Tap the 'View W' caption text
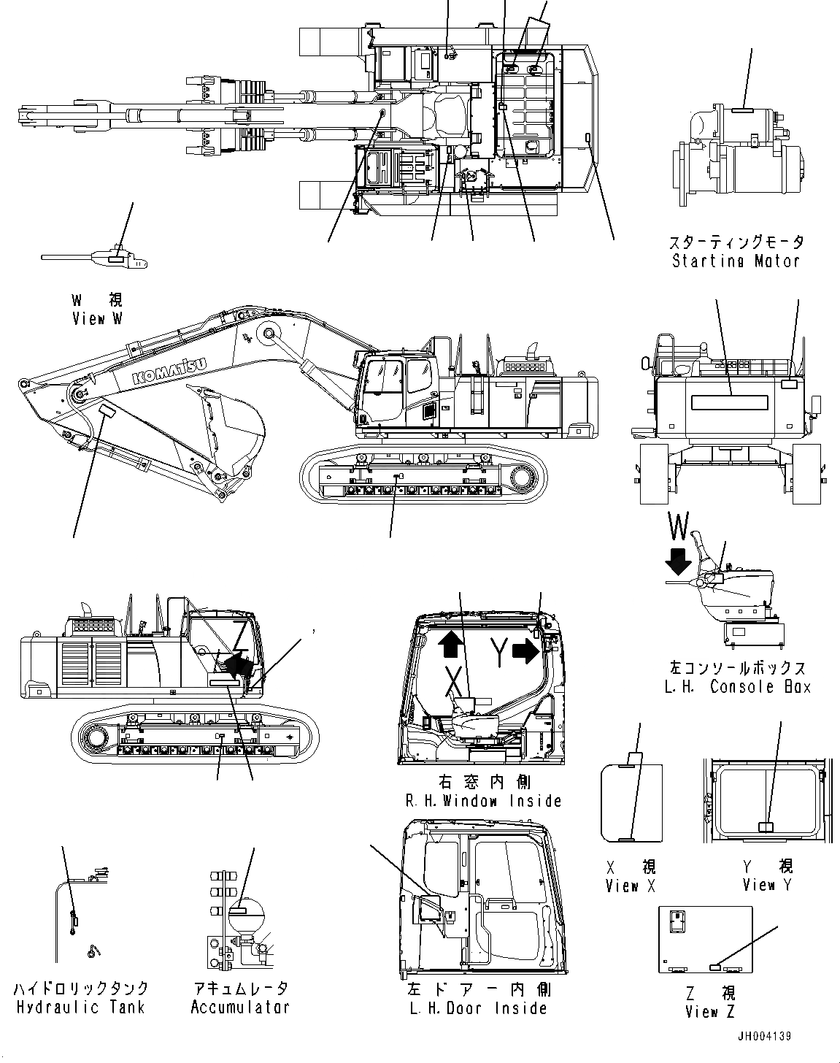pyautogui.click(x=97, y=318)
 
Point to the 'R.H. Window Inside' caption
pyautogui.click(x=483, y=801)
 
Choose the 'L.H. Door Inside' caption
pyautogui.click(x=478, y=1008)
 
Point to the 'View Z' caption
pyautogui.click(x=710, y=1011)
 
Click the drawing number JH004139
pyautogui.click(x=763, y=1037)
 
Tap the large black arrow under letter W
pyautogui.click(x=679, y=561)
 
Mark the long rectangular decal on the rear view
pyautogui.click(x=729, y=402)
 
